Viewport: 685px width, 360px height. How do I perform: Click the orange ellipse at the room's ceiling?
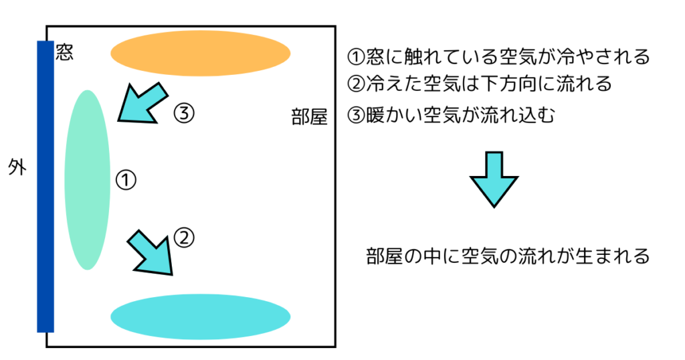point(200,53)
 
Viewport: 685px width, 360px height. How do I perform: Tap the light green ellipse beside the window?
point(87,179)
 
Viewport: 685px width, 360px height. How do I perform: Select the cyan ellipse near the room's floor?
point(200,316)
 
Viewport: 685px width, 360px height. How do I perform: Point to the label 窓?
point(64,53)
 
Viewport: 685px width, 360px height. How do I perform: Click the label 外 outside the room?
point(17,167)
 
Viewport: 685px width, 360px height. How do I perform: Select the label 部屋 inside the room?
point(309,118)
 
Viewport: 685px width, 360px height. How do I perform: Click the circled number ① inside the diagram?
point(126,179)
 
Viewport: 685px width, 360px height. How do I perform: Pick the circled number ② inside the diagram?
point(184,236)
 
